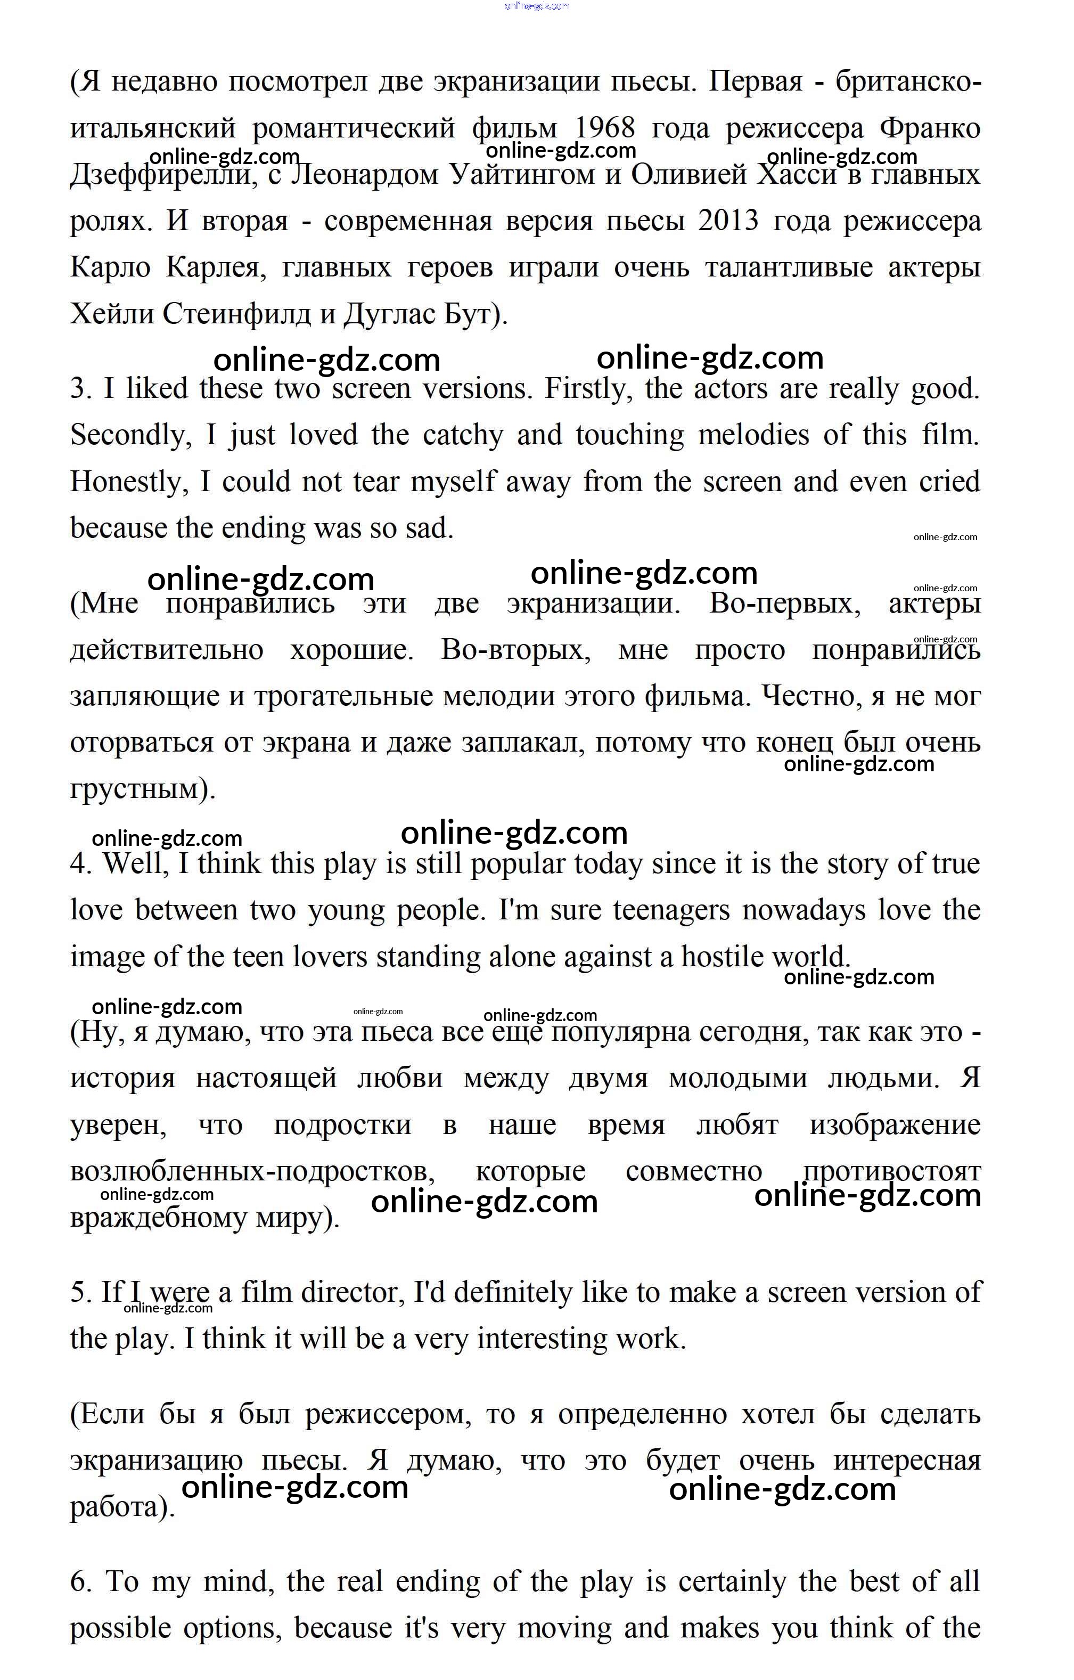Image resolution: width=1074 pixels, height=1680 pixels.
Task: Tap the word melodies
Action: [x=753, y=435]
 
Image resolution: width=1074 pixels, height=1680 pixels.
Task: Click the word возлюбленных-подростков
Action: [x=252, y=1171]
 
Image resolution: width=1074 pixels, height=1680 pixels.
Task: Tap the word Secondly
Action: [x=130, y=435]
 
